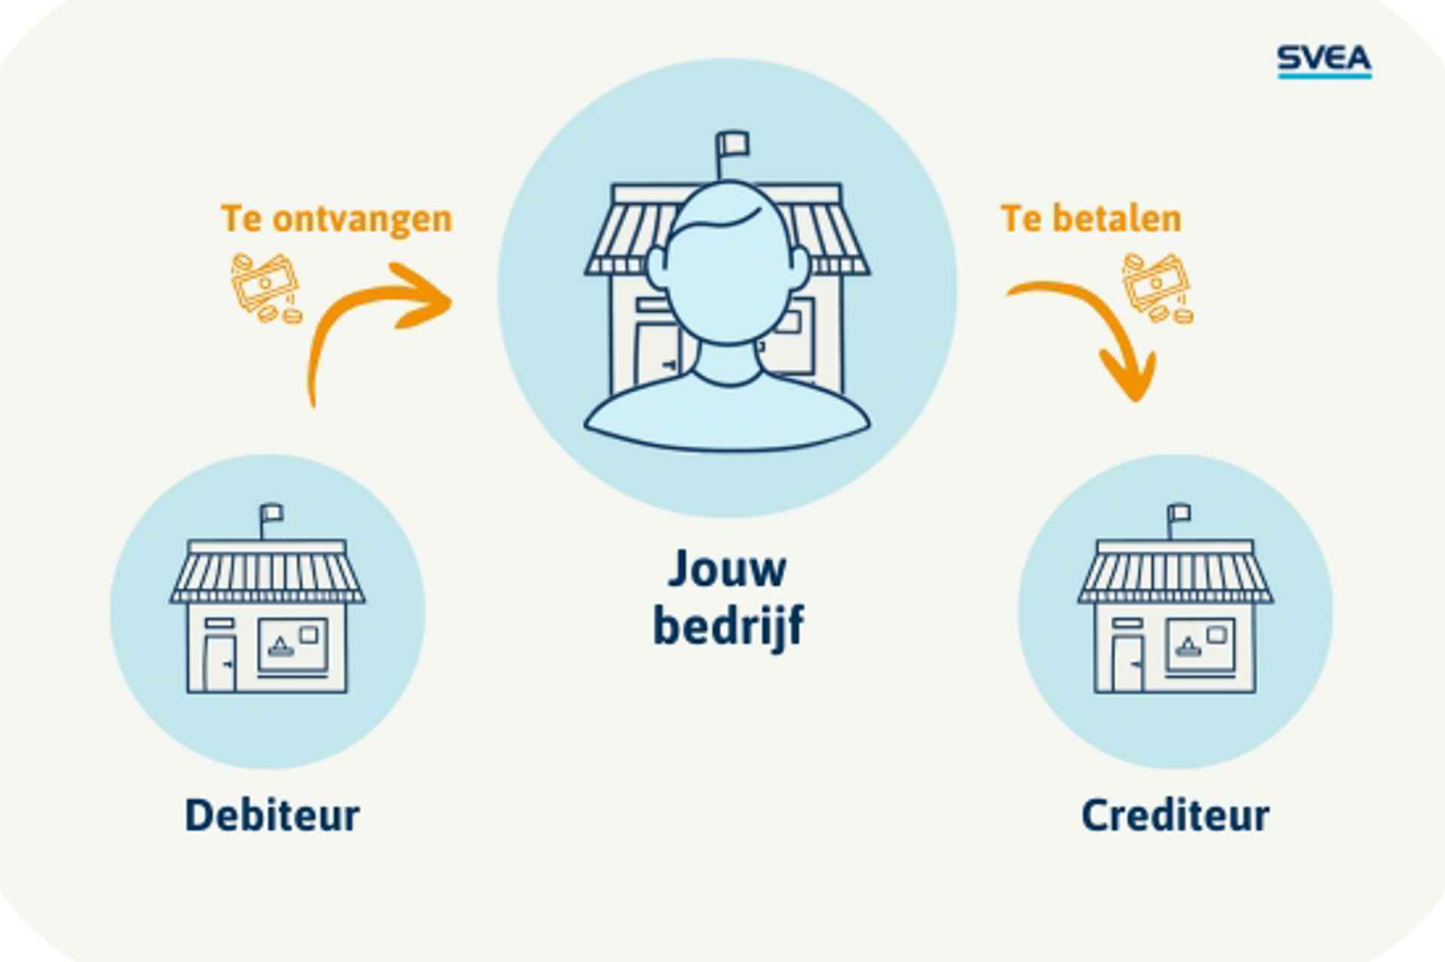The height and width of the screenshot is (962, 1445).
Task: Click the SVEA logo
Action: (1324, 60)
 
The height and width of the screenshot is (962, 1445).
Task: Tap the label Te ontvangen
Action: (336, 219)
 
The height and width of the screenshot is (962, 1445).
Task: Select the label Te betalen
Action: (1091, 219)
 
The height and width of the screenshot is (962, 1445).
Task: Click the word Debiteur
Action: (272, 815)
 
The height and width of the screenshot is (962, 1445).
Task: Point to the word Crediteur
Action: (1175, 815)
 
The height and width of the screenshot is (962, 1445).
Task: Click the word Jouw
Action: (727, 569)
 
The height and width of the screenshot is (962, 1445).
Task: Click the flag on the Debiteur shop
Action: (272, 514)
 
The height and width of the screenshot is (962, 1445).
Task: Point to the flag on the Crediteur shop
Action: (1179, 514)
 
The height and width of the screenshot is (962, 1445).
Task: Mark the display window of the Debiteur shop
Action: (293, 645)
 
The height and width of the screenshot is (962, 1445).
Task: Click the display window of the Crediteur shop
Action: (1200, 645)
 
